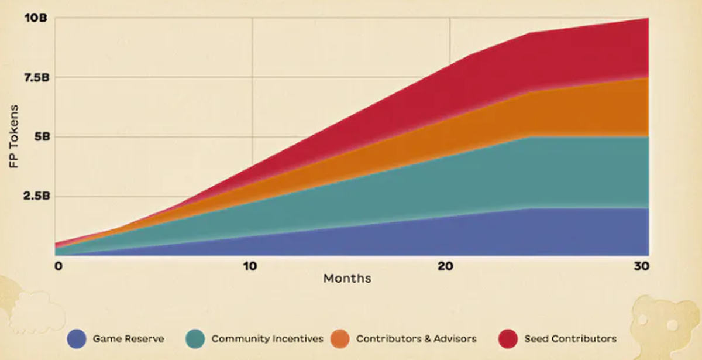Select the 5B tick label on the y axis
tap(39, 136)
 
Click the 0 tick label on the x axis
tap(58, 266)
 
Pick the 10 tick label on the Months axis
tap(250, 266)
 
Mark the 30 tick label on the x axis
tap(642, 266)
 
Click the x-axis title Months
tap(347, 279)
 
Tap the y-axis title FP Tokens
tap(13, 137)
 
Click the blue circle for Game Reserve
tap(77, 338)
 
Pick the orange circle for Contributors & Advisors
tap(340, 338)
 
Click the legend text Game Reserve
tap(128, 338)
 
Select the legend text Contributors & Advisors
tap(416, 338)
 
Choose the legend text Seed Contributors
tap(570, 338)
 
